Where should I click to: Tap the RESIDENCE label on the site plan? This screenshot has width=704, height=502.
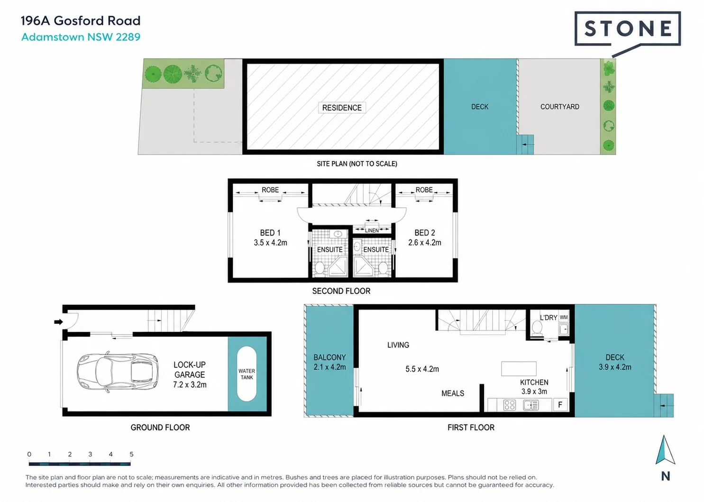pyautogui.click(x=342, y=108)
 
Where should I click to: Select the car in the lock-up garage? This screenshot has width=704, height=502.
pyautogui.click(x=118, y=372)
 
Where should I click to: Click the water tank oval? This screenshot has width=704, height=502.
pyautogui.click(x=247, y=374)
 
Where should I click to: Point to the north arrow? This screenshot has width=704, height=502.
pyautogui.click(x=665, y=450)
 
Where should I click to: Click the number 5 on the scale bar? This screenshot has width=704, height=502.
pyautogui.click(x=131, y=454)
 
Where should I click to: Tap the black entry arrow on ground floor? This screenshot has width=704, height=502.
pyautogui.click(x=58, y=321)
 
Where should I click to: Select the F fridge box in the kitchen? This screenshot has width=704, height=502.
pyautogui.click(x=560, y=404)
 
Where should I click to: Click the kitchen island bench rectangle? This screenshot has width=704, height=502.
pyautogui.click(x=519, y=369)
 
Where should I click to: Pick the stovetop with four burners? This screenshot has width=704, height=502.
pyautogui.click(x=510, y=405)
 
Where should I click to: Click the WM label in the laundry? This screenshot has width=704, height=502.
pyautogui.click(x=564, y=318)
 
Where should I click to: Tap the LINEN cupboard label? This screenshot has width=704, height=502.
pyautogui.click(x=372, y=230)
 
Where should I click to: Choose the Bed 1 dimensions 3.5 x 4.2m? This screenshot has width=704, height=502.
pyautogui.click(x=270, y=243)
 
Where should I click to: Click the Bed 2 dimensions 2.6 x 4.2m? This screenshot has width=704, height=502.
pyautogui.click(x=425, y=243)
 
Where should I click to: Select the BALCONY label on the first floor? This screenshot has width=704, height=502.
pyautogui.click(x=329, y=357)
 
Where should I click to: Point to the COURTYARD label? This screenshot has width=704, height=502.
pyautogui.click(x=560, y=107)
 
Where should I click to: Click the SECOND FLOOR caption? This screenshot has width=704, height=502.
pyautogui.click(x=341, y=291)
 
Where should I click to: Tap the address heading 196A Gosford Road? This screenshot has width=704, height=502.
pyautogui.click(x=81, y=21)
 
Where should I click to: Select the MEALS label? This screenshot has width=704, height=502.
pyautogui.click(x=453, y=393)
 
